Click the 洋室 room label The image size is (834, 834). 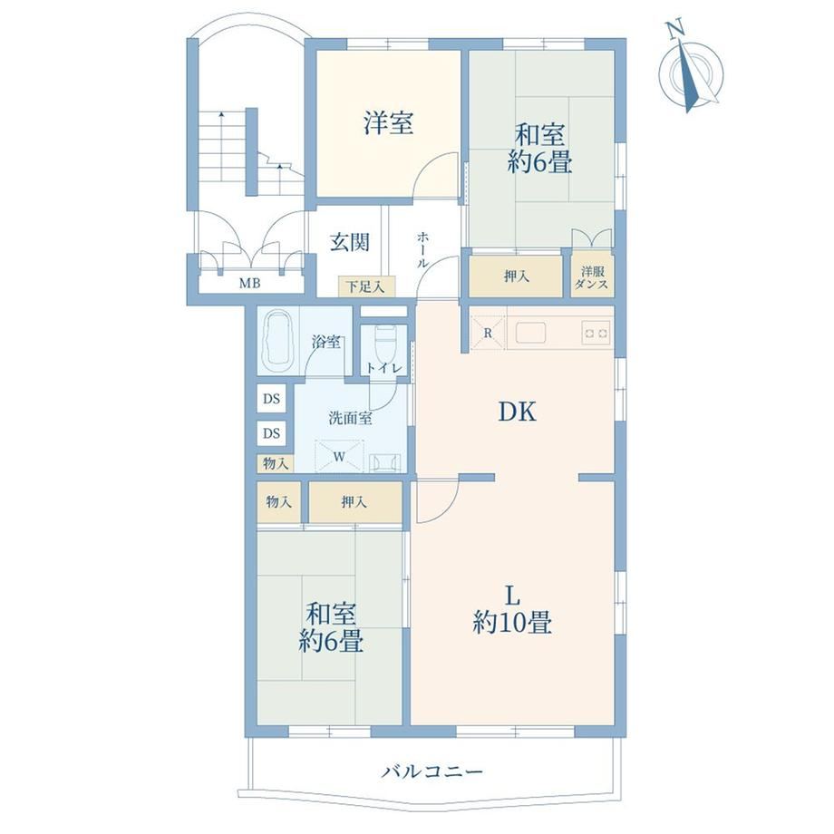pyautogui.click(x=388, y=123)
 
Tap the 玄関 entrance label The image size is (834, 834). pyautogui.click(x=349, y=243)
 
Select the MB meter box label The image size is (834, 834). pyautogui.click(x=249, y=284)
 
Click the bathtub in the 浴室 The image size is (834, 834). pyautogui.click(x=278, y=343)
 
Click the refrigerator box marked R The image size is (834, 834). pyautogui.click(x=487, y=334)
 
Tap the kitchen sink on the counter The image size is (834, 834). pyautogui.click(x=530, y=334)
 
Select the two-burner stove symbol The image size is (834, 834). pyautogui.click(x=596, y=334)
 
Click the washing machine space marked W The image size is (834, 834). pyautogui.click(x=339, y=456)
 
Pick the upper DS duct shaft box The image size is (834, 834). pyautogui.click(x=271, y=398)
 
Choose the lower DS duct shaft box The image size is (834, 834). pyautogui.click(x=271, y=433)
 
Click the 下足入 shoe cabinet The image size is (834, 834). pyautogui.click(x=366, y=287)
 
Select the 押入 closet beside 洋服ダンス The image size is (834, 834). pyautogui.click(x=516, y=276)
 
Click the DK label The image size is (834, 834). pyautogui.click(x=517, y=412)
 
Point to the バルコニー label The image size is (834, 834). pyautogui.click(x=432, y=771)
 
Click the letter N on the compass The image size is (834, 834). pyautogui.click(x=676, y=29)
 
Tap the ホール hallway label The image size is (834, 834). pyautogui.click(x=422, y=249)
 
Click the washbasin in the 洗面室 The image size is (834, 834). pyautogui.click(x=383, y=461)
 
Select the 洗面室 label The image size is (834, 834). pyautogui.click(x=349, y=418)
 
